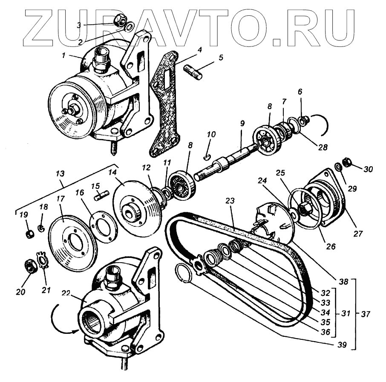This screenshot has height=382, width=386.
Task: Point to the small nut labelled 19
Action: pos(29,234)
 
